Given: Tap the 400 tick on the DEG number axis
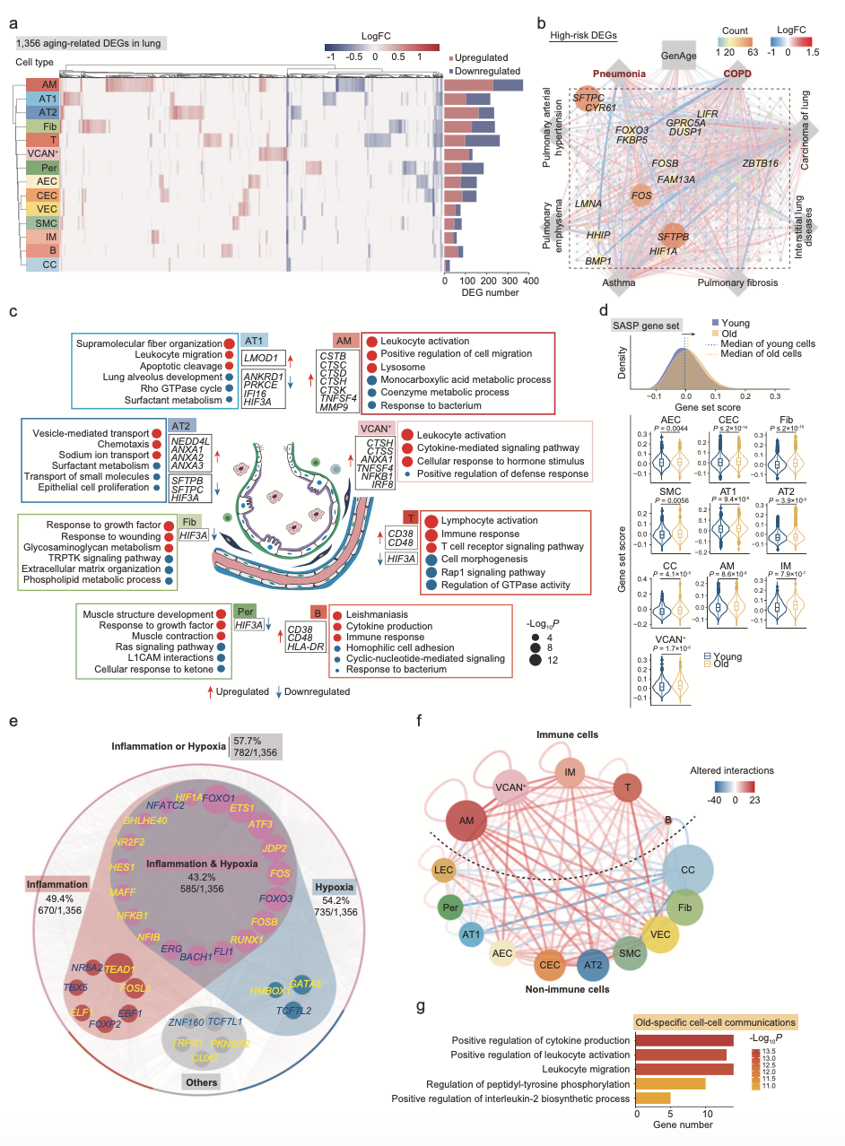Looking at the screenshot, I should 531,281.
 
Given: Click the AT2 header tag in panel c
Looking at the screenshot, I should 181,425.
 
